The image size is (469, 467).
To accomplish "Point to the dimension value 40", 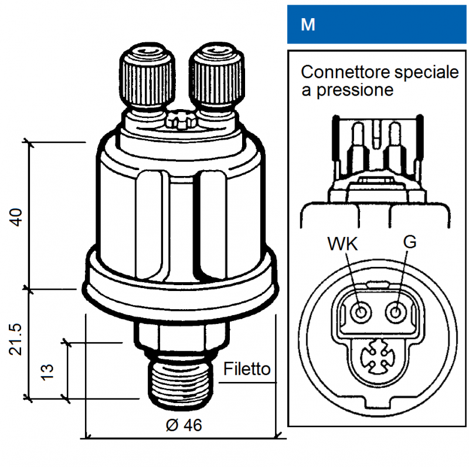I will point(18,216).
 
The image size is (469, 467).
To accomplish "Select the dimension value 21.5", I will point(18,340).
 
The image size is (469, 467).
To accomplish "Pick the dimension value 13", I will point(47,370).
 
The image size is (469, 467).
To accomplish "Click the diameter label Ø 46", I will point(183,425).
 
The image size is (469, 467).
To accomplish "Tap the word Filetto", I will point(247,369).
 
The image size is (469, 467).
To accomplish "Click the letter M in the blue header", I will point(307,25).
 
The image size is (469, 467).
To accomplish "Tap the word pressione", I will point(354,90).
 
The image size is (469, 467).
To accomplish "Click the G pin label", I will point(410,242).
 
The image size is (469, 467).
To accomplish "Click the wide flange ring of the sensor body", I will point(179,287).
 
